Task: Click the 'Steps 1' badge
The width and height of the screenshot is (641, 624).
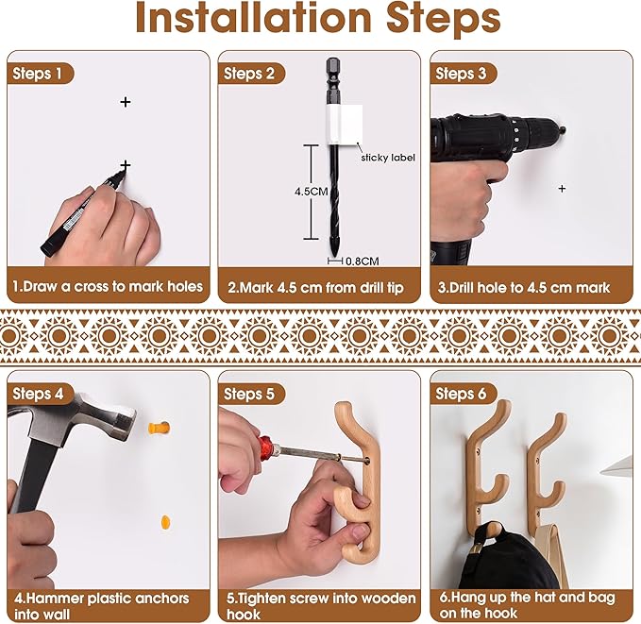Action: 40,74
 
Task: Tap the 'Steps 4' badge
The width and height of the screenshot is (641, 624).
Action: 40,394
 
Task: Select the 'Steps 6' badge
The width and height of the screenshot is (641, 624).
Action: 463,394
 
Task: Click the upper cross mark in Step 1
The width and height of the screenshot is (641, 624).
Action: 126,102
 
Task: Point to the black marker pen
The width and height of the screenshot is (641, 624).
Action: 83,213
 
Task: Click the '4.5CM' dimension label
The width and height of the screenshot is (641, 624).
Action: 312,192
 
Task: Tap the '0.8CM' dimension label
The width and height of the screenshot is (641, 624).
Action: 363,261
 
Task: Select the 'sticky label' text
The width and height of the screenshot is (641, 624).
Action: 388,158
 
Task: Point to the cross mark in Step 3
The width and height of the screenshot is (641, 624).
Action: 562,189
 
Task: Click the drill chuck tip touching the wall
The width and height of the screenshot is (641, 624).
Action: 564,130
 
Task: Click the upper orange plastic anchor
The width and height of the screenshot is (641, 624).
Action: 159,429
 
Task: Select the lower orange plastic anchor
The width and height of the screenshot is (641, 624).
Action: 165,522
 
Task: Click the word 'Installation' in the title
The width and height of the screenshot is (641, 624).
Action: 253,18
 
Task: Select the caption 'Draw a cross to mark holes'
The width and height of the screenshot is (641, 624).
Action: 112,287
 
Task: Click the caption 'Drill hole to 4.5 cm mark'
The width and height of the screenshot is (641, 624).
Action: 530,288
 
